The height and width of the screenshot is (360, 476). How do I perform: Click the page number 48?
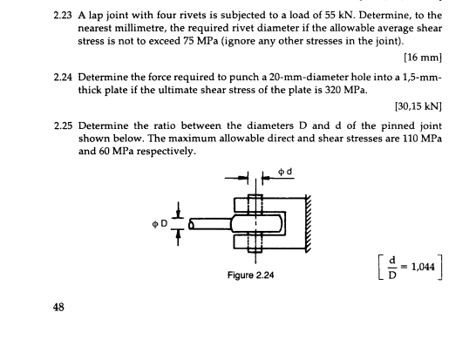58,307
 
